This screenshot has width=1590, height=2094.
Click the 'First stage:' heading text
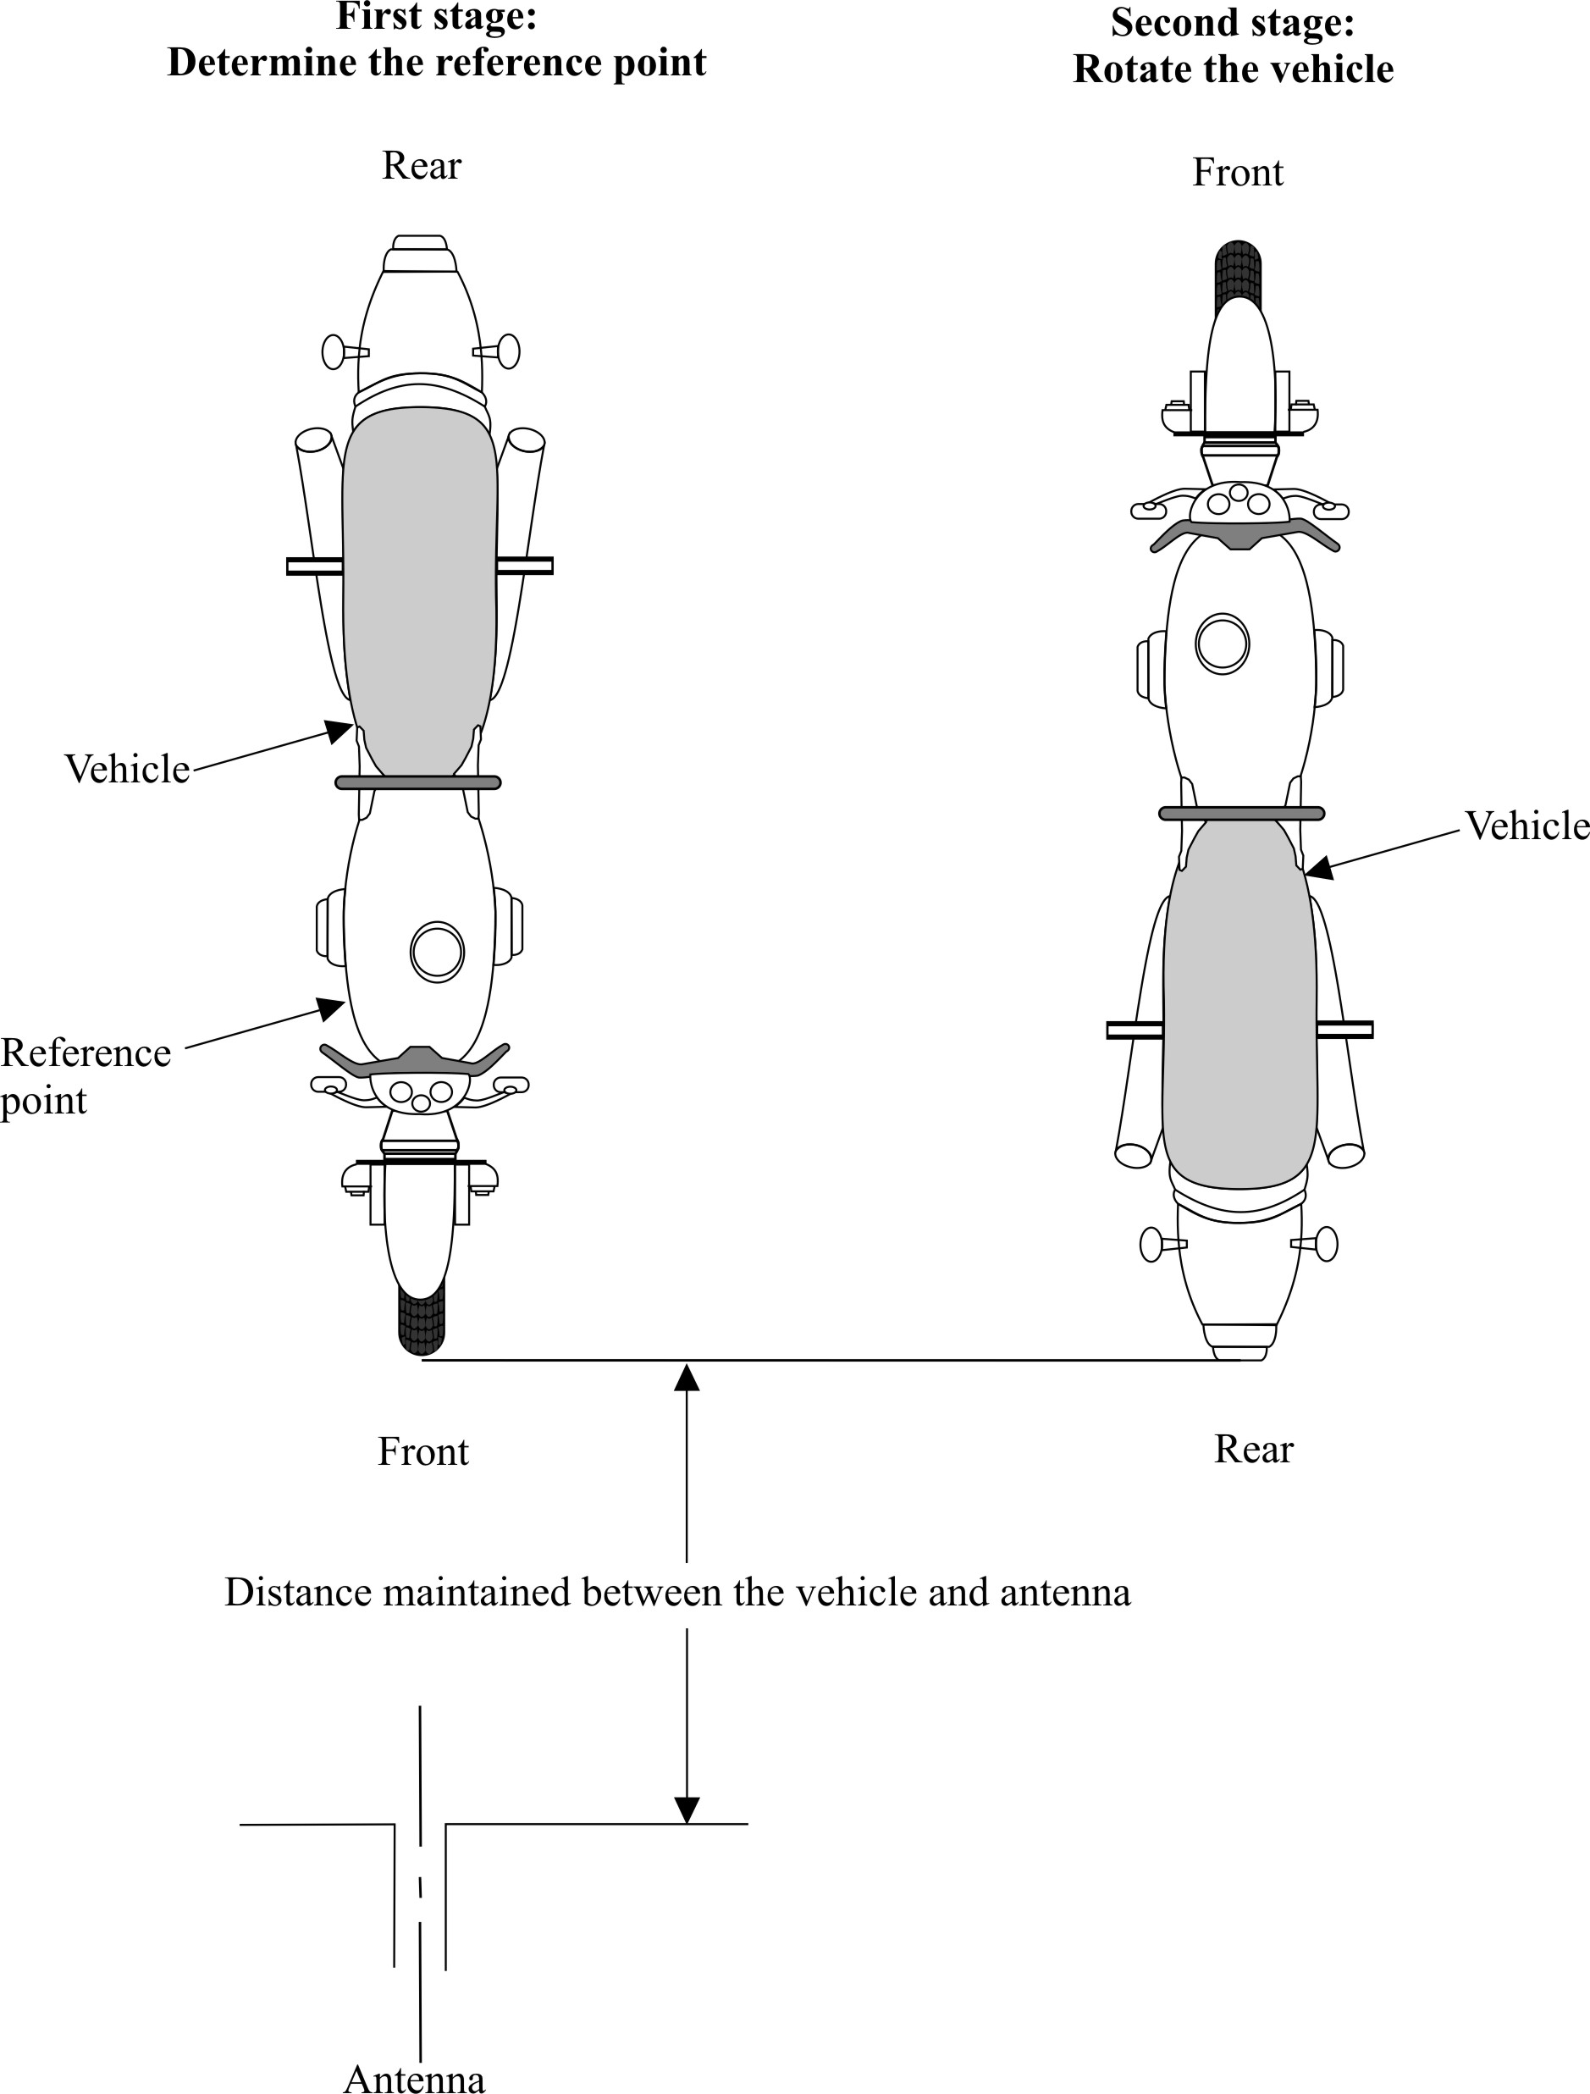point(436,17)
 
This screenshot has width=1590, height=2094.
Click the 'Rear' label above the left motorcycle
point(421,167)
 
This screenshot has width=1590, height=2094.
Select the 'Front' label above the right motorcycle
point(1237,174)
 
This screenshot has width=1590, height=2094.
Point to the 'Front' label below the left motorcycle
point(423,1452)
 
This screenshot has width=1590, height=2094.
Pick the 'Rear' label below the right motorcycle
point(1253,1450)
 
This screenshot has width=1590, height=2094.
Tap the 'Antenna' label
point(415,2079)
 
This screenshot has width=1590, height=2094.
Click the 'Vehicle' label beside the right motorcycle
point(1527,826)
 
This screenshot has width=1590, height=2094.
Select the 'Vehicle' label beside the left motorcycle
point(127,770)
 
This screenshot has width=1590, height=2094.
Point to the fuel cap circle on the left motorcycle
point(436,952)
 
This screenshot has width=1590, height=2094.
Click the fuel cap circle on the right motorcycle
point(1222,644)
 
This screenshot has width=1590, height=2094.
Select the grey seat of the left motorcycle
point(419,587)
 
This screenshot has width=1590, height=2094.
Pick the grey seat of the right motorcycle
point(1239,1003)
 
